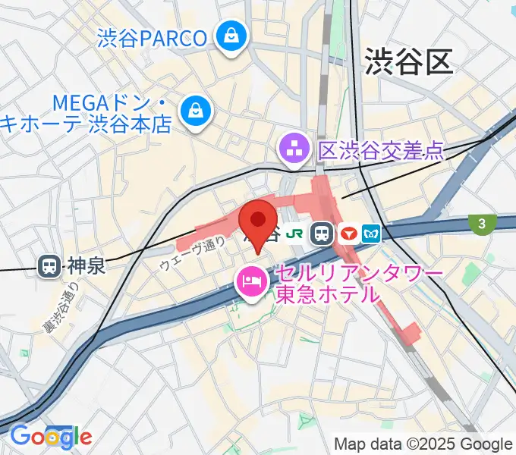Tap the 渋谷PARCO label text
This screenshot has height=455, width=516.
pos(152,38)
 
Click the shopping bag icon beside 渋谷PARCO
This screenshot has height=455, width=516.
pos(228,35)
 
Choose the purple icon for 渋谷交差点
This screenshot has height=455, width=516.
pos(293,149)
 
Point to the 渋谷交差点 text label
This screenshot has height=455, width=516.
pos(380,150)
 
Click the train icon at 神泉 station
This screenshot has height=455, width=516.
pos(49,266)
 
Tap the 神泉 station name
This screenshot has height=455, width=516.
pos(84,266)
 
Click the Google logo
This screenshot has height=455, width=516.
pos(50,436)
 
